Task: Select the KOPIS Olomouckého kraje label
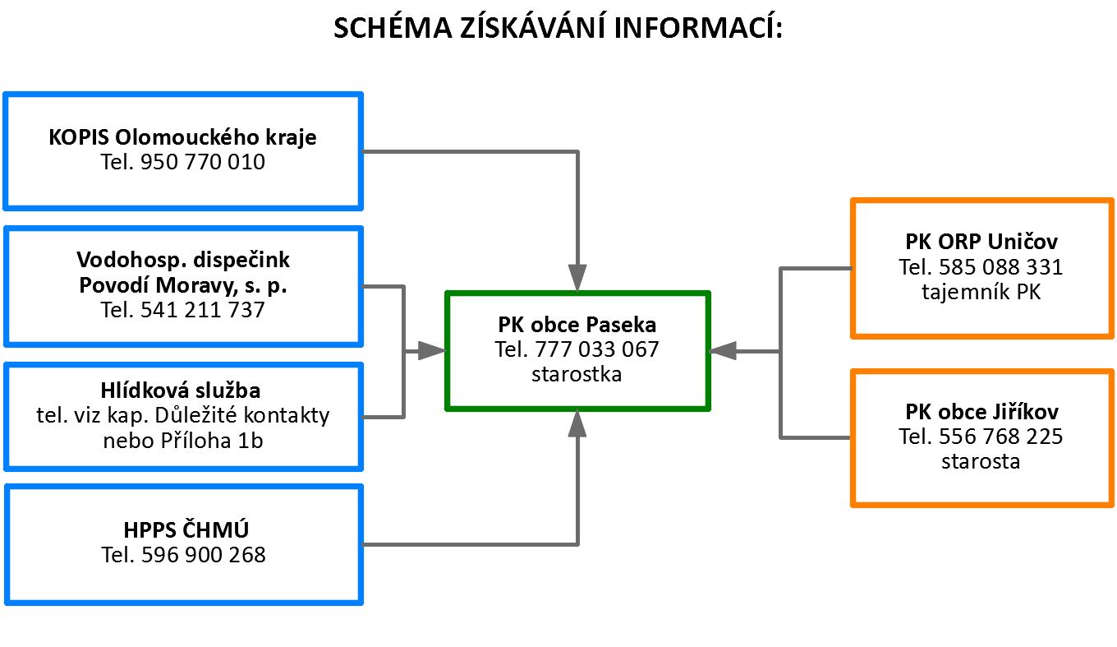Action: pos(182,137)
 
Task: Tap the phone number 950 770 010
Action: pos(203,162)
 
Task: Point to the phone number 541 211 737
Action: pos(203,310)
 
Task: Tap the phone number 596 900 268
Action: pos(203,555)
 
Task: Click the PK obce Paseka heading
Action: pos(577,324)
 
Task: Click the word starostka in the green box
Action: pos(577,374)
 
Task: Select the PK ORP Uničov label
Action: pos(981,242)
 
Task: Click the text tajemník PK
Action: pos(981,291)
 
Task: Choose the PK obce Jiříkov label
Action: pos(981,411)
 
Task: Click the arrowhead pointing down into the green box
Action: pos(578,278)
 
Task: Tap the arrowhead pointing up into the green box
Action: pos(578,423)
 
